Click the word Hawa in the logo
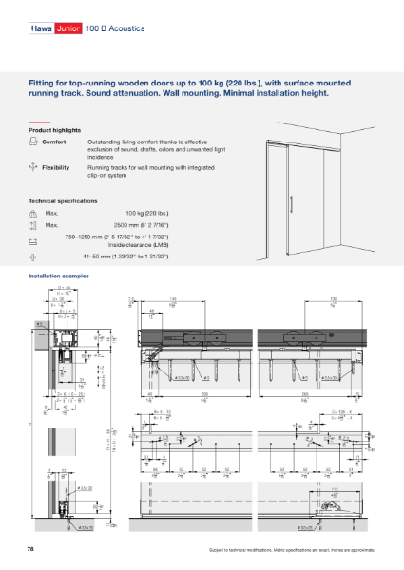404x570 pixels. click(41, 29)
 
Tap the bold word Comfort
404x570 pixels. click(54, 142)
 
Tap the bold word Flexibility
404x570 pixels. click(56, 166)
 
